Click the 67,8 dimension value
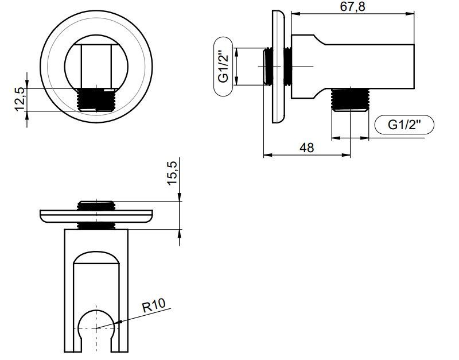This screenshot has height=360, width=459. pyautogui.click(x=352, y=6)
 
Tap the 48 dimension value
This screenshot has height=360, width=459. pyautogui.click(x=307, y=148)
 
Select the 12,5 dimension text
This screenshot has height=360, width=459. pyautogui.click(x=20, y=99)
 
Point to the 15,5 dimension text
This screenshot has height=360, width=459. pyautogui.click(x=172, y=173)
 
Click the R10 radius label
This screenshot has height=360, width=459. pyautogui.click(x=153, y=305)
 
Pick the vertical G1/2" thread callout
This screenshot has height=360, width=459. pyautogui.click(x=223, y=67)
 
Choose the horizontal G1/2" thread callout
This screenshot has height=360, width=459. pyautogui.click(x=404, y=125)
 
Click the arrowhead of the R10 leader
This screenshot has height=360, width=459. pyautogui.click(x=118, y=322)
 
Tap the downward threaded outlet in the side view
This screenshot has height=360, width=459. pyautogui.click(x=350, y=99)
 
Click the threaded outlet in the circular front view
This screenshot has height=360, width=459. pyautogui.click(x=96, y=99)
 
